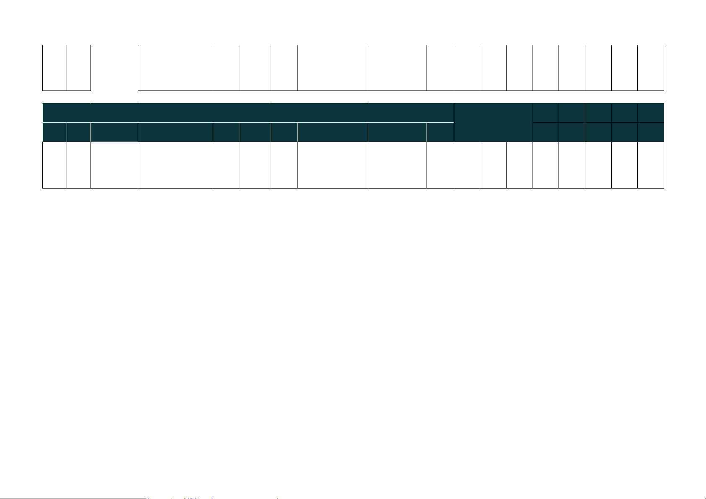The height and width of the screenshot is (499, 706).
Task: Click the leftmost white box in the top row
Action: (x=54, y=67)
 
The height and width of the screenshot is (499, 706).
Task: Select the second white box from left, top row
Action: (x=79, y=67)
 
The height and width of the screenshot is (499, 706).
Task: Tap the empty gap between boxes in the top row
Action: (x=114, y=67)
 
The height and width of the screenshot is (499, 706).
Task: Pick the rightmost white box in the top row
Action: (x=651, y=67)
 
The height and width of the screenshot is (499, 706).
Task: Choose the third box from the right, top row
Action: (x=598, y=67)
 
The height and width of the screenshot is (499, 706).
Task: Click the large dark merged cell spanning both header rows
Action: (x=493, y=122)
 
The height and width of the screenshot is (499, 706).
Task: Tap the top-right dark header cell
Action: (x=651, y=113)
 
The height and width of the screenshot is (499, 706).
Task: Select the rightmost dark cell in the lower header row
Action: (x=651, y=132)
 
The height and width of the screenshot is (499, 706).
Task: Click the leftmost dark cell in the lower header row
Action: (x=54, y=132)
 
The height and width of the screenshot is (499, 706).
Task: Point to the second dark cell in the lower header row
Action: (x=79, y=132)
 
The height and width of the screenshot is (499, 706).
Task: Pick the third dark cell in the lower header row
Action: (x=114, y=132)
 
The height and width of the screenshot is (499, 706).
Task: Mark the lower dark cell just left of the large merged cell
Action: (x=440, y=132)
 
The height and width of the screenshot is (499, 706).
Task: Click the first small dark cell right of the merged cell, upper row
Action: (x=546, y=113)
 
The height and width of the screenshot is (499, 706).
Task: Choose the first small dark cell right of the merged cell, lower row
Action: (x=546, y=132)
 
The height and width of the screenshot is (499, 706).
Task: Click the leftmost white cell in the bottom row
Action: (x=54, y=165)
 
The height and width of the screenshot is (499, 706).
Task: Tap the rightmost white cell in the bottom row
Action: (x=651, y=165)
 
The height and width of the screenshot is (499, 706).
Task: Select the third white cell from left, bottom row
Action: (x=114, y=165)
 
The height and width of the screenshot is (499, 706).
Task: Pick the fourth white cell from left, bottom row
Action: (x=175, y=165)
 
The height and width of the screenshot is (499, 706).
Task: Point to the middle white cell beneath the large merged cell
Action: (x=493, y=165)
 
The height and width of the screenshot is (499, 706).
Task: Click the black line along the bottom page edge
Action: (x=73, y=498)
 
